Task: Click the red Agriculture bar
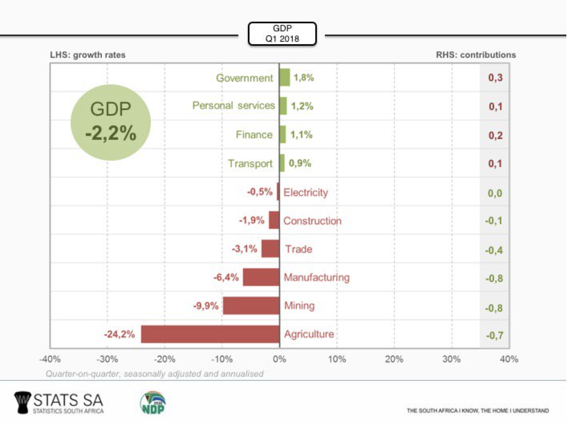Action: (x=210, y=334)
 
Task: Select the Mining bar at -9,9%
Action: (x=251, y=306)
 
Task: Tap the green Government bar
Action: (x=284, y=78)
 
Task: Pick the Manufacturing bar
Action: (x=261, y=277)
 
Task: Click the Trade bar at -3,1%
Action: (x=270, y=249)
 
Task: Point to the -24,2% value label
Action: (x=120, y=334)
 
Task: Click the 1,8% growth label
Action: (x=304, y=78)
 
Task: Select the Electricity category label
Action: (x=306, y=192)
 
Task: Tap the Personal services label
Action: (x=233, y=106)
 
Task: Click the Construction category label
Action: (x=312, y=221)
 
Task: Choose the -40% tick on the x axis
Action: (x=50, y=359)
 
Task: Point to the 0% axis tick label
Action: (x=280, y=359)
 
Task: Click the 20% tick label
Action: (x=394, y=359)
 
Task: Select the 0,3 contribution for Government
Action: (x=495, y=78)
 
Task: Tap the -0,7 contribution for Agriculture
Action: (x=494, y=335)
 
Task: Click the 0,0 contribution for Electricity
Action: (x=495, y=193)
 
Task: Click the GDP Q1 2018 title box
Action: (x=282, y=34)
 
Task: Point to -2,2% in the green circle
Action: (x=111, y=133)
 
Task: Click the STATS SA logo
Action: (x=59, y=402)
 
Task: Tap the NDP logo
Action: (x=153, y=402)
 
